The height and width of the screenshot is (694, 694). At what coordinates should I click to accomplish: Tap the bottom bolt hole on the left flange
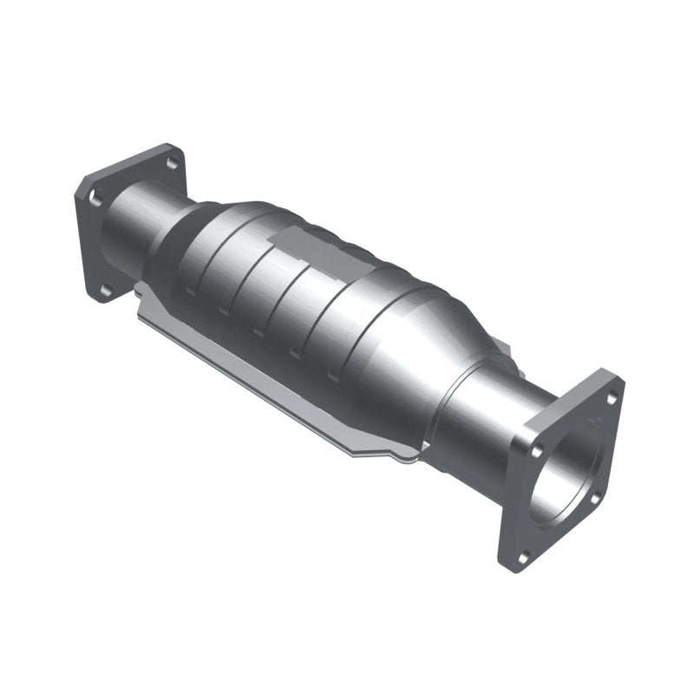(106, 291)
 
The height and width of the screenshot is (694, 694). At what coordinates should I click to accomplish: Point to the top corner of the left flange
(165, 145)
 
